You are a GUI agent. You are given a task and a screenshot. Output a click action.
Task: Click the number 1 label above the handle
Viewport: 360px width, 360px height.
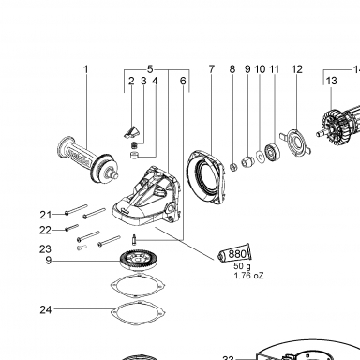click(x=86, y=69)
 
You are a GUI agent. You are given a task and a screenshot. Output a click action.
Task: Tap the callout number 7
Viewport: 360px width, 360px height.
click(x=212, y=69)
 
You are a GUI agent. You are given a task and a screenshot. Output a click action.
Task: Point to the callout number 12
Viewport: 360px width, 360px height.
click(x=297, y=69)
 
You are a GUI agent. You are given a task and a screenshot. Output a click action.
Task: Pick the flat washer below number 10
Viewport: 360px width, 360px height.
click(x=260, y=157)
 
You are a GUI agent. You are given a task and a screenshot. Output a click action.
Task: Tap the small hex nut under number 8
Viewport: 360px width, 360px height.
click(x=233, y=167)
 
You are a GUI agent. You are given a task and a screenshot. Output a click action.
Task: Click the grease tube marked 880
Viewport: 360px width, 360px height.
click(x=234, y=253)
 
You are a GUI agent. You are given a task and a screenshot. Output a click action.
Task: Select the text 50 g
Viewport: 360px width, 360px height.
click(x=242, y=266)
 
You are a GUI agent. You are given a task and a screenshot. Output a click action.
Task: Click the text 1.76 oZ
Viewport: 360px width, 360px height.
click(x=248, y=276)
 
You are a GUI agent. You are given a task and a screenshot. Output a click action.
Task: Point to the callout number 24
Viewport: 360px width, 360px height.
click(x=46, y=309)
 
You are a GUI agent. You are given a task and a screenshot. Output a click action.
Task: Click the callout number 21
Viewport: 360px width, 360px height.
click(x=46, y=215)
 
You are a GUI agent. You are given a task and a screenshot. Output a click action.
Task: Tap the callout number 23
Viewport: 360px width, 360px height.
click(x=45, y=249)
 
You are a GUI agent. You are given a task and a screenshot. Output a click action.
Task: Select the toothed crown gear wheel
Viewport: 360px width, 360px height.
click(x=140, y=260)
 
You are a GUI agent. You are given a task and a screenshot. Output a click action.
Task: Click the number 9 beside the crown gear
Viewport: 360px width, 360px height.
click(x=48, y=260)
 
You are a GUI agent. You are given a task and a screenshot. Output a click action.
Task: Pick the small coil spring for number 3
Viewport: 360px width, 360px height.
click(x=134, y=145)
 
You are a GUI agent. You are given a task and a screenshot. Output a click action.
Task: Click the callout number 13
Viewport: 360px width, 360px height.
click(x=332, y=81)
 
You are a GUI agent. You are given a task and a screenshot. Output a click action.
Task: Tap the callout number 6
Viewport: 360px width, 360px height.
click(x=183, y=81)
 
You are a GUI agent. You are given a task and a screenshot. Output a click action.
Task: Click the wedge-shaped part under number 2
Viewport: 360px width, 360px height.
click(x=130, y=132)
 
